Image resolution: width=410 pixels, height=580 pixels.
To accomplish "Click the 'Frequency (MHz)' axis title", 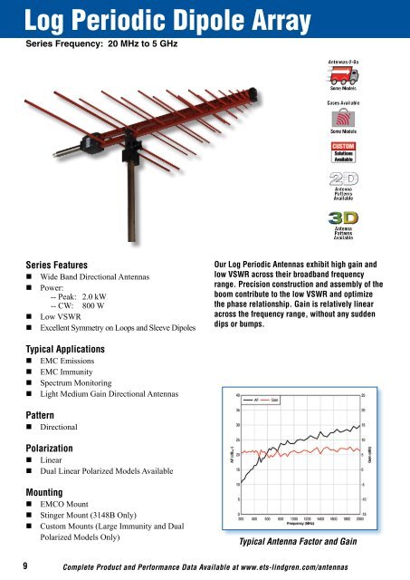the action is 299,524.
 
